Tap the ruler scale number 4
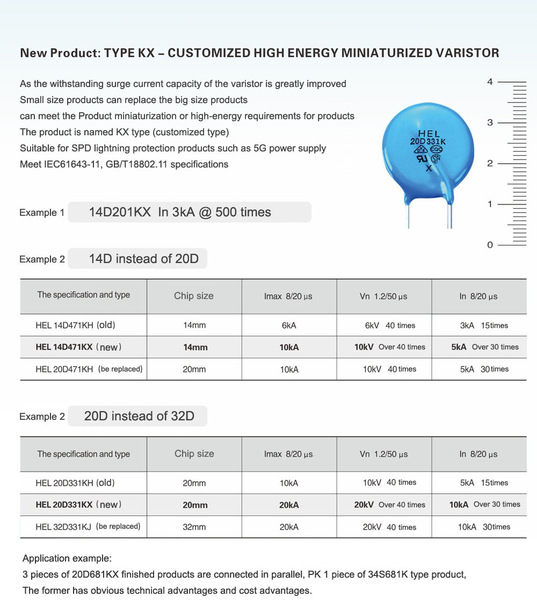coord(490,82)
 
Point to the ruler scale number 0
coord(490,245)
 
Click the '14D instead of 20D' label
coord(143,259)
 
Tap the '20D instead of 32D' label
coord(139,416)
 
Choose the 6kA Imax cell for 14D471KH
coord(289,325)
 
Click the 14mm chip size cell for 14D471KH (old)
coord(194,325)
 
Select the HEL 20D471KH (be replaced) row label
coord(89,369)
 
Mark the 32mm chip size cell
coord(194,527)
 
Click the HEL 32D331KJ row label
coord(88,527)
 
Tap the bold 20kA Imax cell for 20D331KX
coord(289,505)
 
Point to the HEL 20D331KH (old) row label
coord(75,483)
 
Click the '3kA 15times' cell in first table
coord(483,325)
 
